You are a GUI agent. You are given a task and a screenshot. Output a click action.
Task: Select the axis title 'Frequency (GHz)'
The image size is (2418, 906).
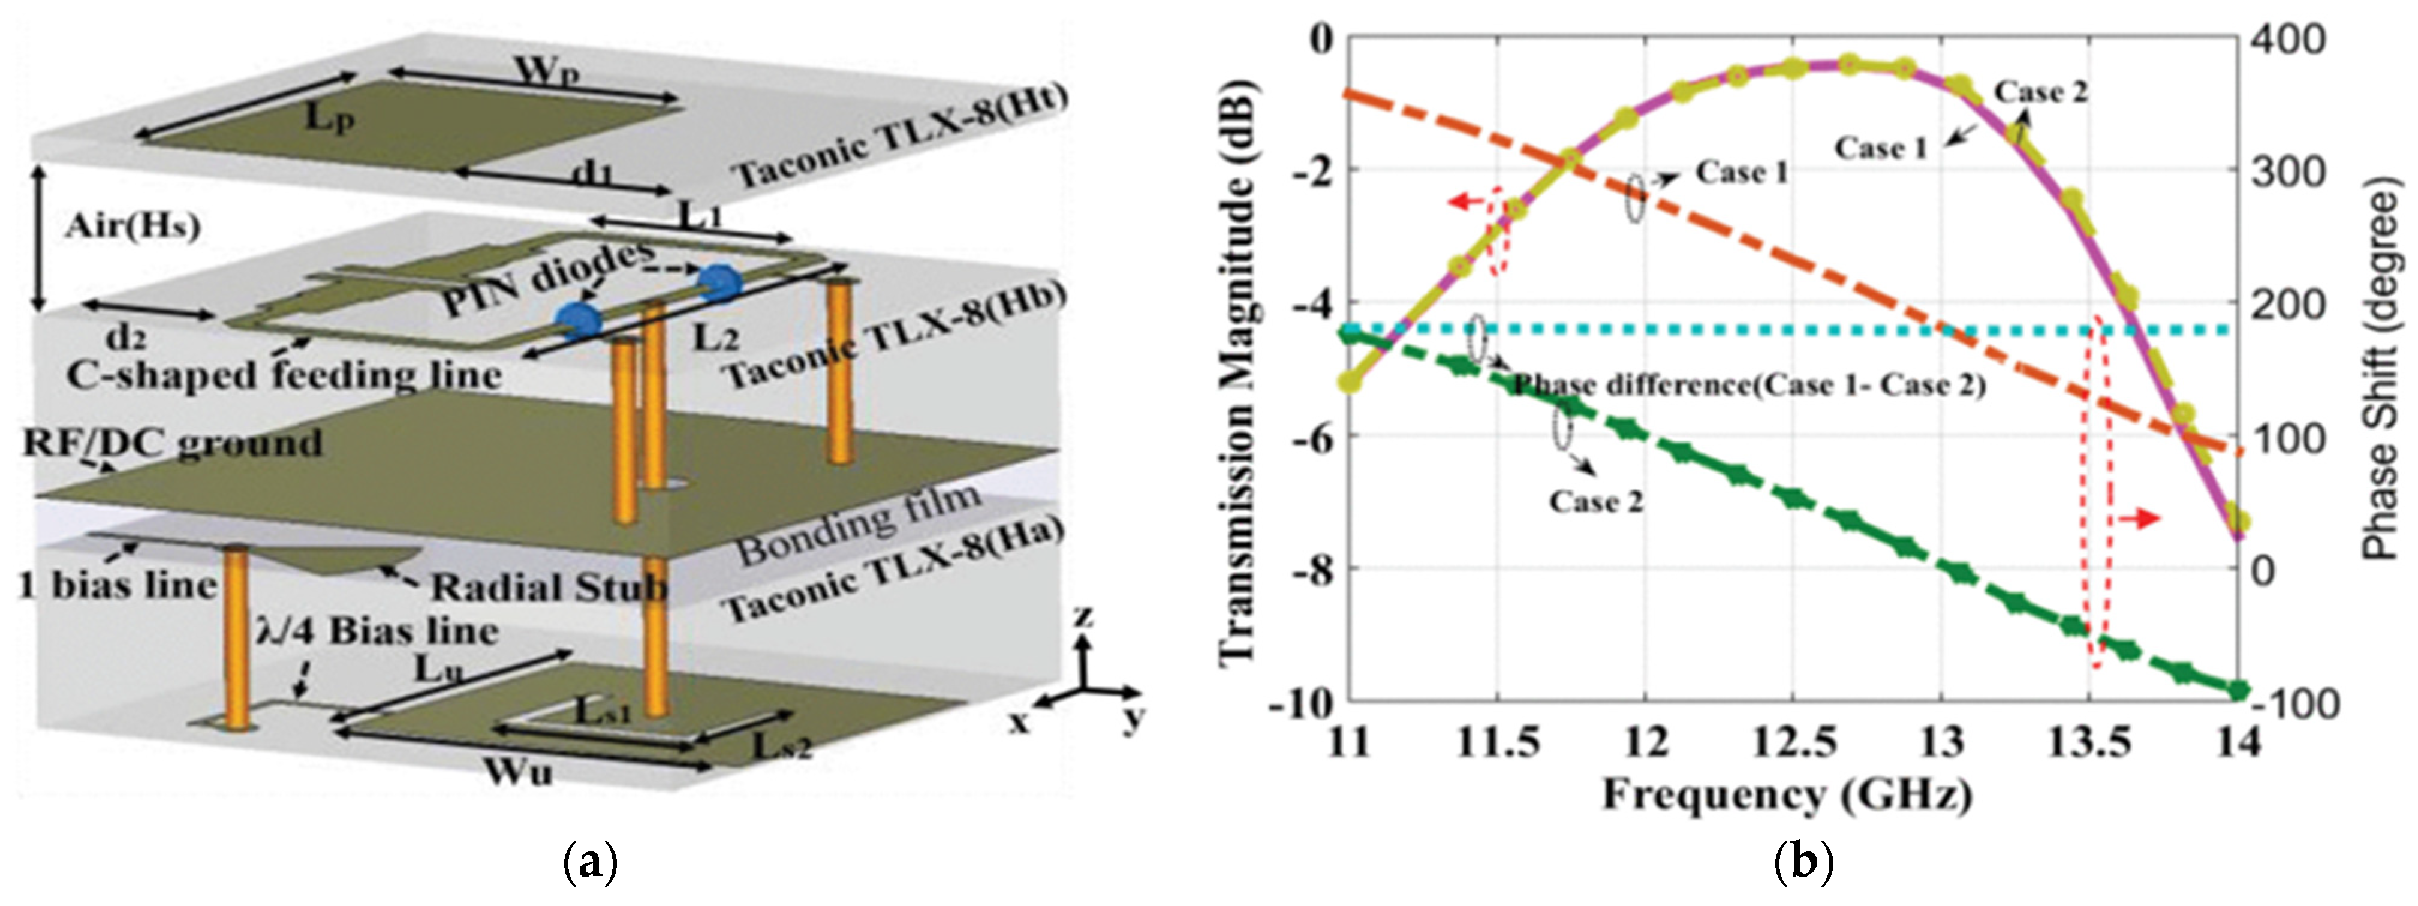pos(1786,795)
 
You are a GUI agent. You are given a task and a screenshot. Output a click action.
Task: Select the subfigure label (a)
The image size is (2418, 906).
pos(589,862)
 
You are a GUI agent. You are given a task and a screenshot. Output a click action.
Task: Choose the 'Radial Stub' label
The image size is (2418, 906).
pos(548,588)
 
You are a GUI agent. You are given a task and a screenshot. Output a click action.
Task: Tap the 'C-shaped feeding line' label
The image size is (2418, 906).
pos(284,375)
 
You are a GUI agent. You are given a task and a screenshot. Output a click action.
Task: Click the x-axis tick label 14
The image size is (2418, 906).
pos(2238,743)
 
